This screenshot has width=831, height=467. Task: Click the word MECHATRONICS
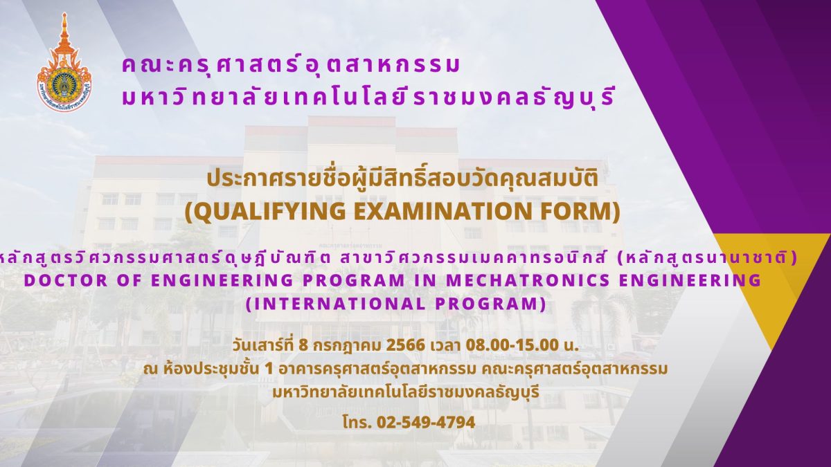coord(528,281)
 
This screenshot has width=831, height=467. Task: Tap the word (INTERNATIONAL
coord(335,304)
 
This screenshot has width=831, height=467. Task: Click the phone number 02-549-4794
coord(426,422)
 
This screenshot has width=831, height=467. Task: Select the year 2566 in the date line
coord(406,345)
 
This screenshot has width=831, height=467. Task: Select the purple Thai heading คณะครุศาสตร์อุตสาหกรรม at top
coord(292,66)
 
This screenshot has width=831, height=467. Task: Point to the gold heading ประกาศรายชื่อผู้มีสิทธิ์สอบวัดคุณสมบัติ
coord(402,178)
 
